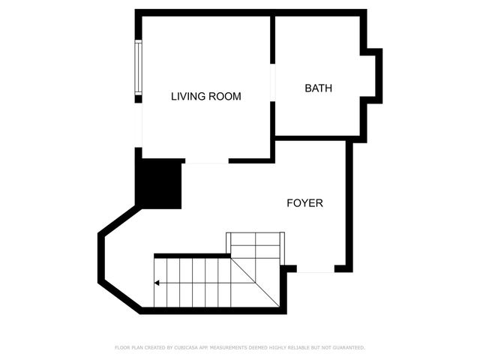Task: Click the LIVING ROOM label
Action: (x=206, y=96)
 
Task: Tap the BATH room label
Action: (x=318, y=88)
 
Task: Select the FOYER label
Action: (x=305, y=202)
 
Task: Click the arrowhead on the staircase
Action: (x=157, y=283)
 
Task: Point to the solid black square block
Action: (x=159, y=184)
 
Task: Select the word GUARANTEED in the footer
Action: (x=349, y=347)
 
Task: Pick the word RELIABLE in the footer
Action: (x=301, y=347)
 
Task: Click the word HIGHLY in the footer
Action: (x=279, y=347)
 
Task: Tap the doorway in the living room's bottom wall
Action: (x=206, y=161)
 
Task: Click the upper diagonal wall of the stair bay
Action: (x=118, y=221)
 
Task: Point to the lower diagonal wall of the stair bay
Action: (x=120, y=295)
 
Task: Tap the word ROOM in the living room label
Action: (x=225, y=96)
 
